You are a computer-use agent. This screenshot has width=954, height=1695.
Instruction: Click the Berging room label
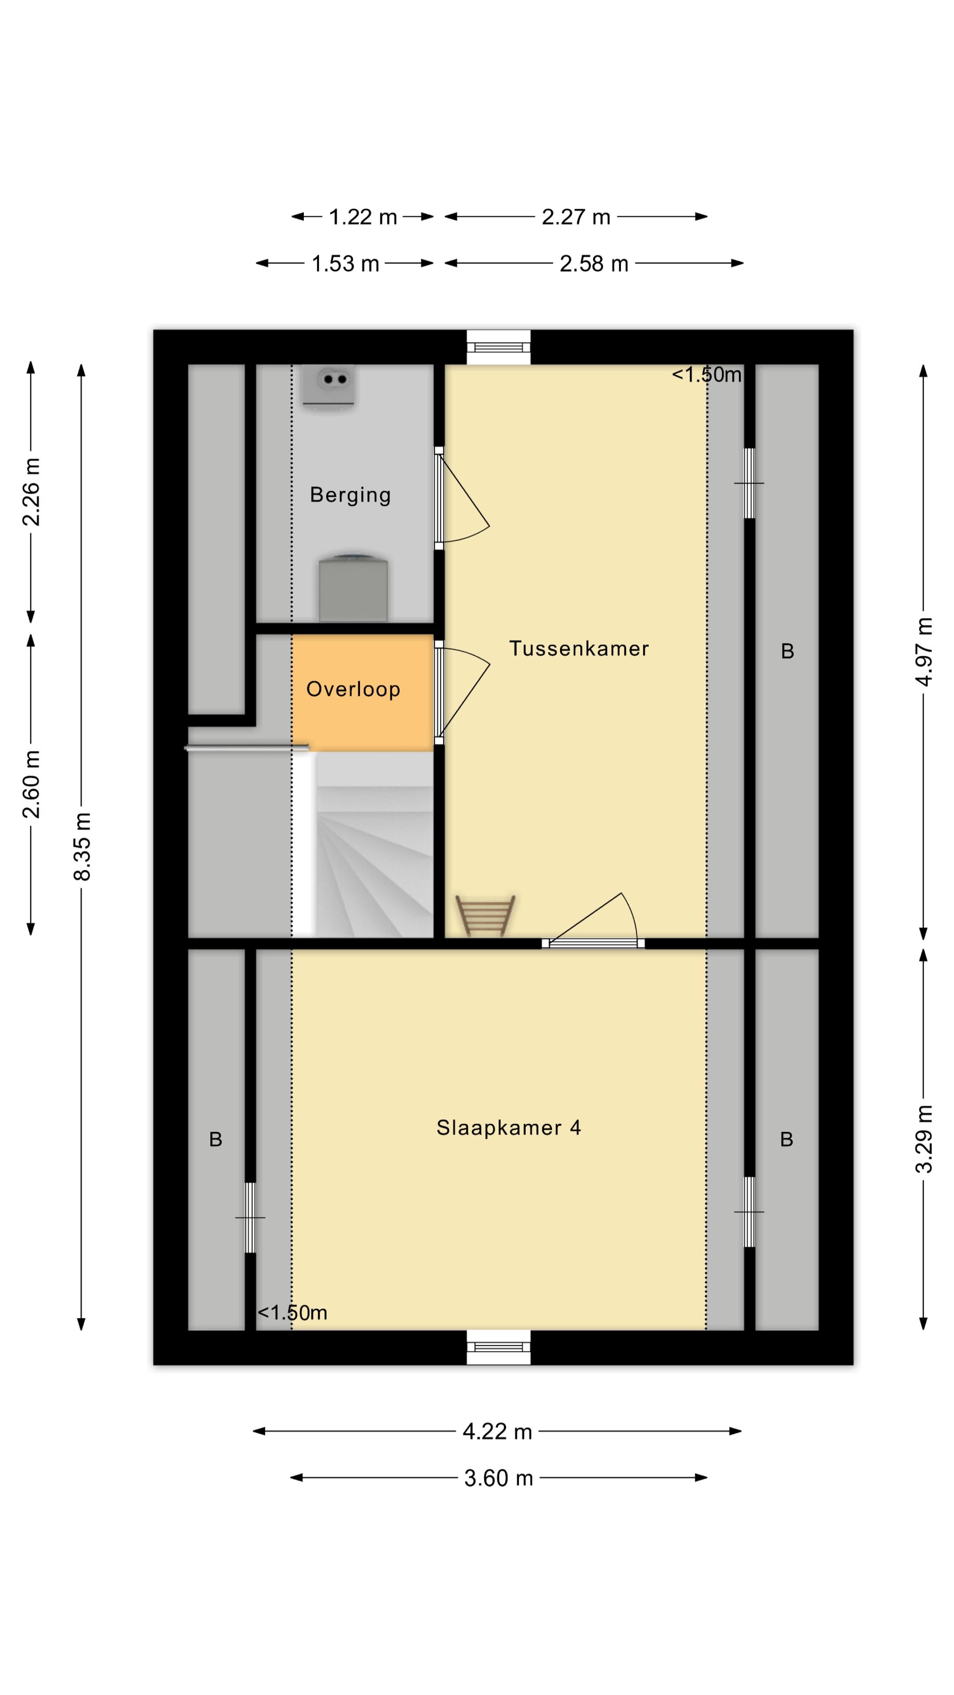pos(350,495)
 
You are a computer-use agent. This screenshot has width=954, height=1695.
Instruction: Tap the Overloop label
pos(353,689)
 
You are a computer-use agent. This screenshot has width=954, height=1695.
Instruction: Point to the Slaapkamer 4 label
pos(509,1128)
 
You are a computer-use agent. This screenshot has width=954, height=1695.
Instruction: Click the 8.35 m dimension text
pos(82,846)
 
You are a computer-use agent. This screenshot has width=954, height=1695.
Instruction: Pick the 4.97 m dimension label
pos(924,652)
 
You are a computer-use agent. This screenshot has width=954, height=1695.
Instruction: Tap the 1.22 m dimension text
pos(363,217)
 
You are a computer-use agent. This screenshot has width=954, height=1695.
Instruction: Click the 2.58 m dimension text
pos(594,264)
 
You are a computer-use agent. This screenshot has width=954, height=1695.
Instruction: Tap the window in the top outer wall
pos(498,347)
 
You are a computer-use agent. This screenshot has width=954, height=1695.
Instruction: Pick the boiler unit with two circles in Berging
pos(329,386)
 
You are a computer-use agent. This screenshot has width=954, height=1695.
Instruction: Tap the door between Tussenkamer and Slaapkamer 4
pos(593,922)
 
